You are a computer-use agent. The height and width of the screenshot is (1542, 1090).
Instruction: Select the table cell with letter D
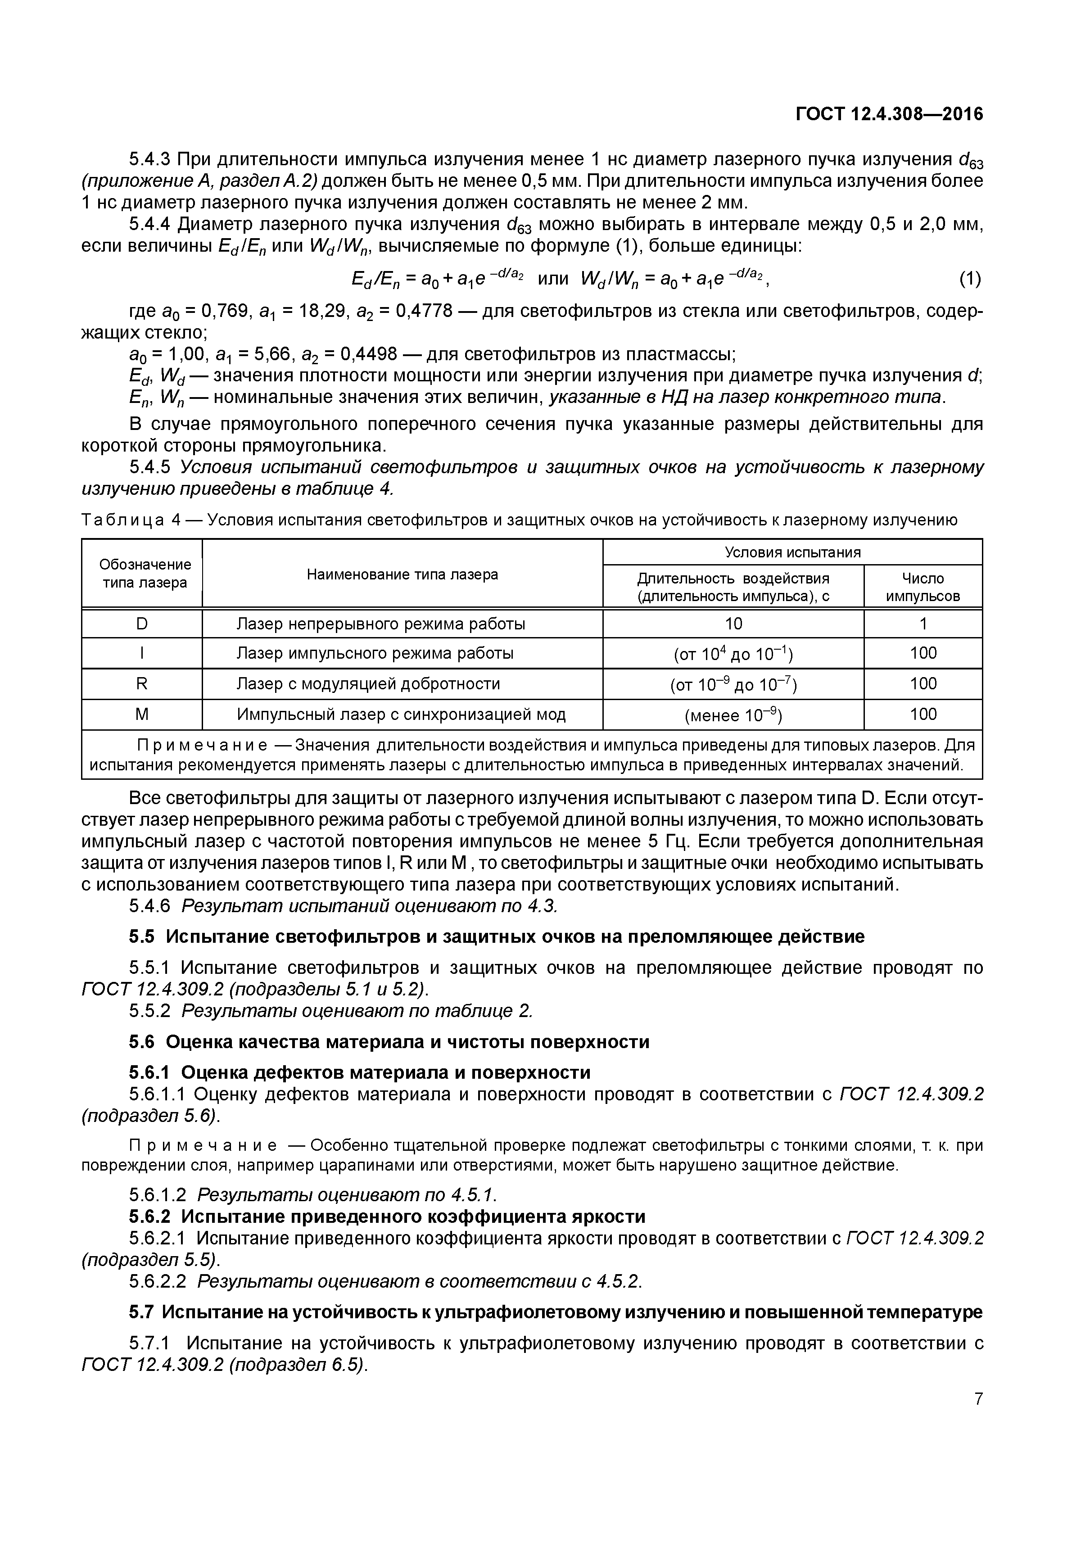tap(142, 624)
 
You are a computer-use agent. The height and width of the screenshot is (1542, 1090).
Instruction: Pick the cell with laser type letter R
tap(142, 684)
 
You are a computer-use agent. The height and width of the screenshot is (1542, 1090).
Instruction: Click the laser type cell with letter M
tap(142, 714)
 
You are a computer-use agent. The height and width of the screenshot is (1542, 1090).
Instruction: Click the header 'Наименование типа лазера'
tap(403, 574)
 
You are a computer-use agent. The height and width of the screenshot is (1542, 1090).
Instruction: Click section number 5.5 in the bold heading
tap(142, 936)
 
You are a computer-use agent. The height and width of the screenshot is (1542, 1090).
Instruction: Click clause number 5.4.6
tap(151, 906)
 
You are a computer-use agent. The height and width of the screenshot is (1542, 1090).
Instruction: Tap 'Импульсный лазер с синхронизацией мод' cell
tap(401, 714)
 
